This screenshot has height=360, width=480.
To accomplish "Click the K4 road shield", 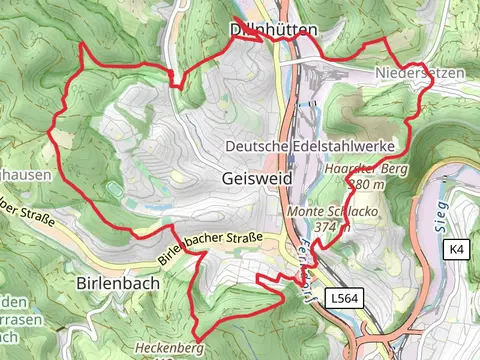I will pos(456,248).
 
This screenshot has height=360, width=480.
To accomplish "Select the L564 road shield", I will pos(343,297).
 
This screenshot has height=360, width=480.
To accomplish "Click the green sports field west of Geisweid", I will pos(116,189).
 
